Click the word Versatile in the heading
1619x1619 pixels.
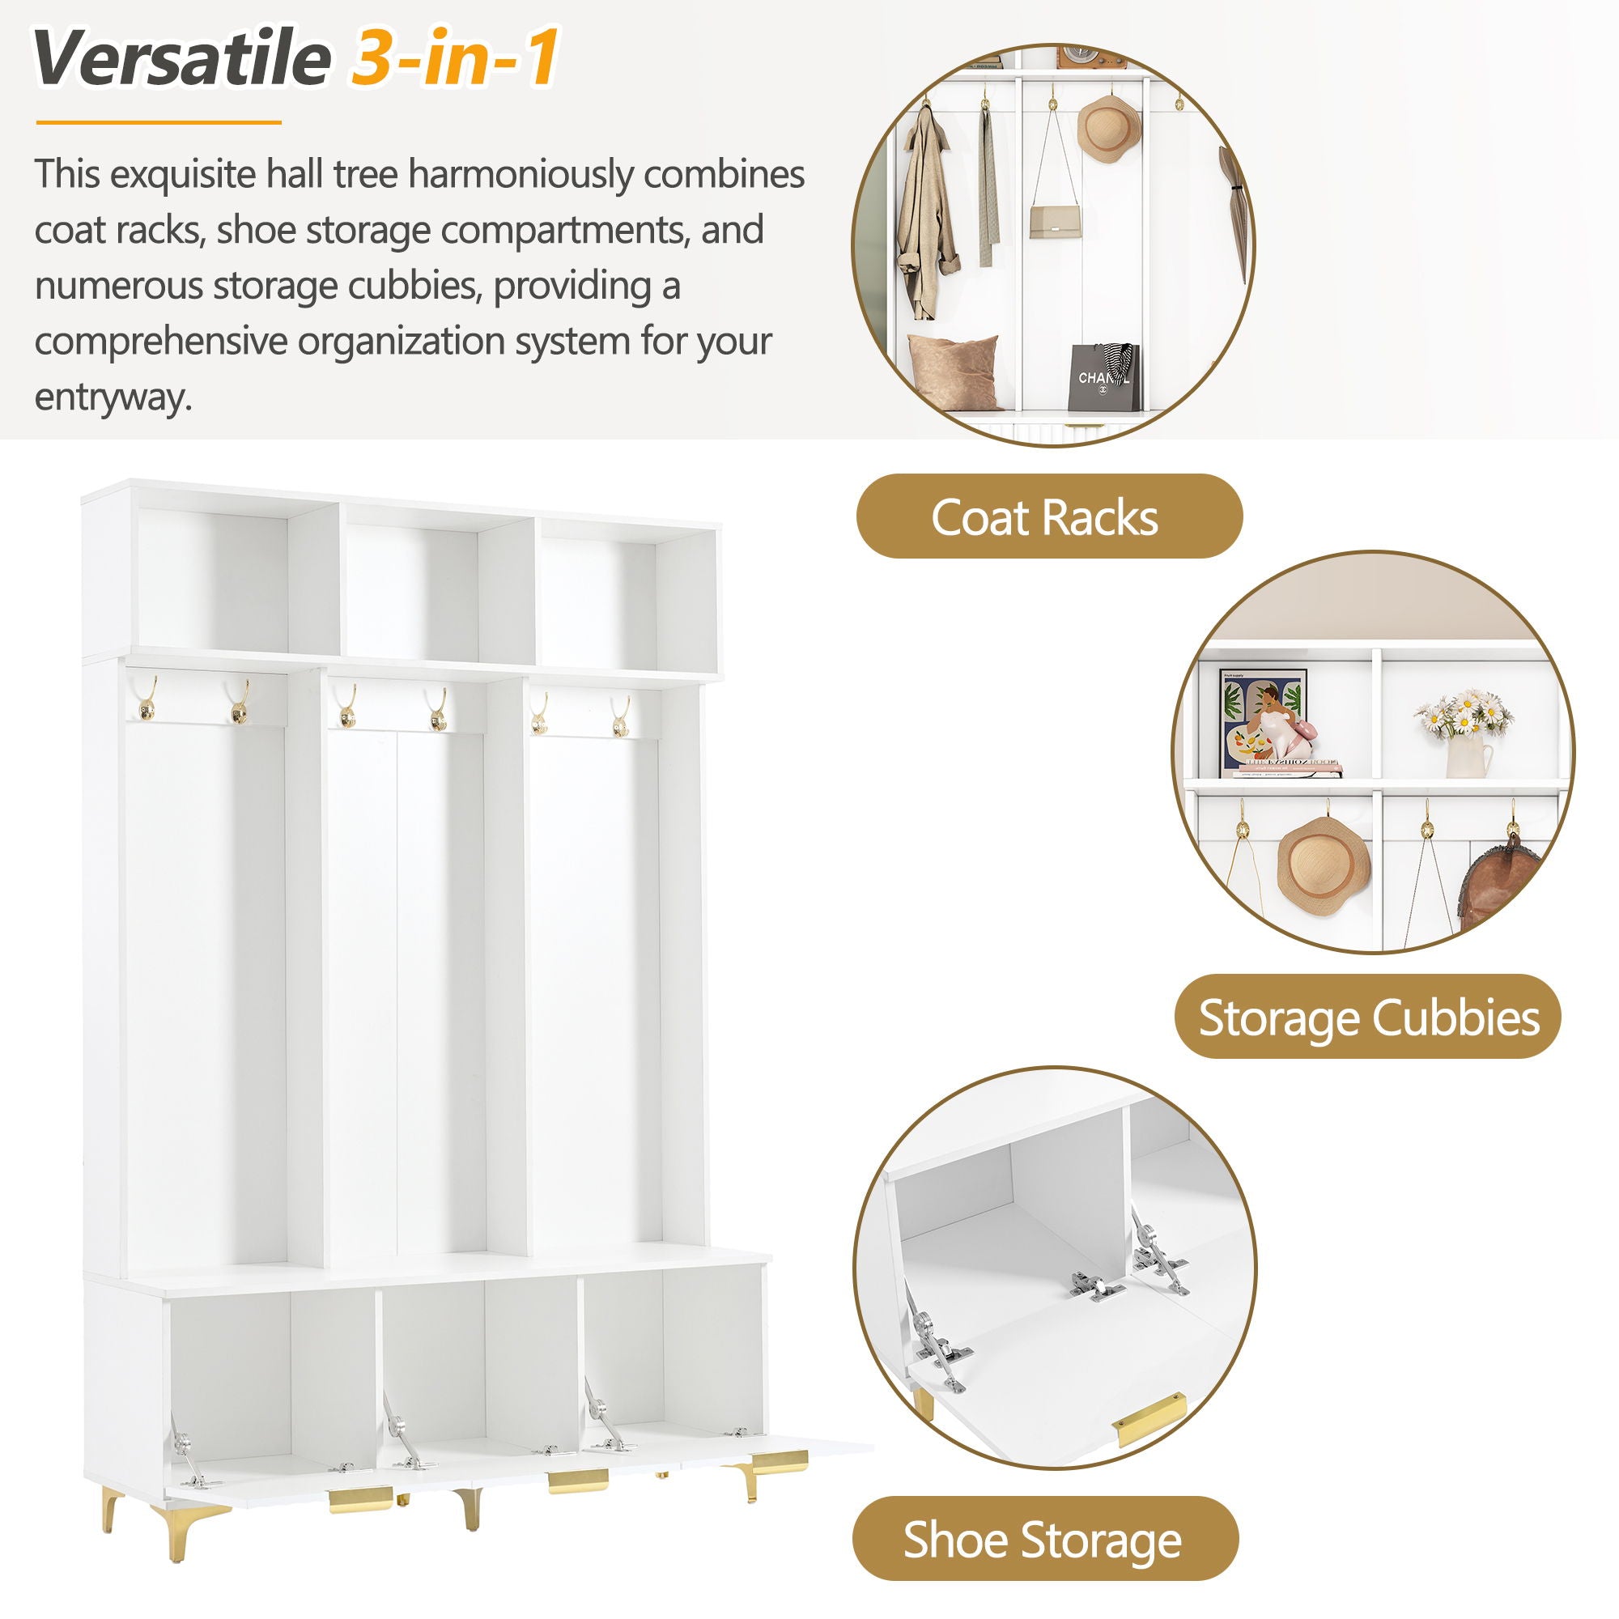(181, 58)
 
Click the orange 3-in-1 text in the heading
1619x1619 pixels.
(455, 58)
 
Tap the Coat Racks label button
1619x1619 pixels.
(1048, 517)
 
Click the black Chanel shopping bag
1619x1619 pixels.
(1103, 378)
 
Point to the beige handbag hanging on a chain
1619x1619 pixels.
(1054, 221)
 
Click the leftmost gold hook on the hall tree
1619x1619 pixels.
(147, 699)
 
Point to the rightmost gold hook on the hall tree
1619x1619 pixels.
(621, 717)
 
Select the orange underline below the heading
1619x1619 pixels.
(159, 122)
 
